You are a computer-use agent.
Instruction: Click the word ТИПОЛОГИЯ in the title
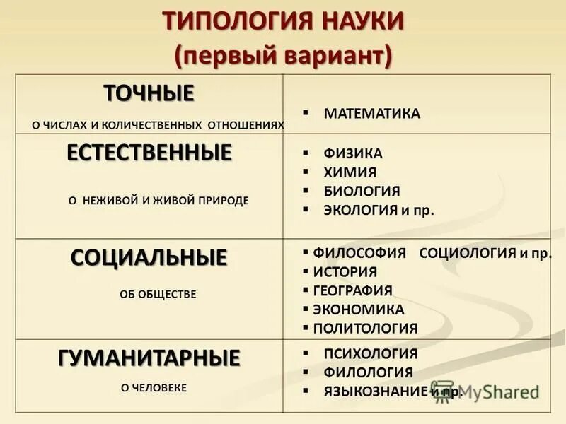220,21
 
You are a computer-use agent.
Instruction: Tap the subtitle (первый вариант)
283,54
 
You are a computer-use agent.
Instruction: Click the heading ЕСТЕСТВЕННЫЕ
149,153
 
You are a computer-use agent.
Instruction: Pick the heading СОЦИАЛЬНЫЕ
149,257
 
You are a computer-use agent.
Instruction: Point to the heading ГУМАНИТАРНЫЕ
149,358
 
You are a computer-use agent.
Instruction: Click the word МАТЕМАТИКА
371,114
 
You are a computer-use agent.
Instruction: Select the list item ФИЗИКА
352,153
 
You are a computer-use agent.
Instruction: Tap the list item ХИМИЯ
350,172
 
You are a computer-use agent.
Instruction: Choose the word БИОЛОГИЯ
362,192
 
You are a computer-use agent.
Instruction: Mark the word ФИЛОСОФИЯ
359,253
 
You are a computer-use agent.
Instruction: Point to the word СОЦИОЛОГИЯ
465,253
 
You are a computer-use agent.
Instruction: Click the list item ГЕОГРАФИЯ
352,290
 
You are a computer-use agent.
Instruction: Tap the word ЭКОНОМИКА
358,310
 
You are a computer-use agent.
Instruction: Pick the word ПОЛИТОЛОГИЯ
365,329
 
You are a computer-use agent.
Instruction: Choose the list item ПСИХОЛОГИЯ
370,354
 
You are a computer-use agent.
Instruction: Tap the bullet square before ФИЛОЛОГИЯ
306,372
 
